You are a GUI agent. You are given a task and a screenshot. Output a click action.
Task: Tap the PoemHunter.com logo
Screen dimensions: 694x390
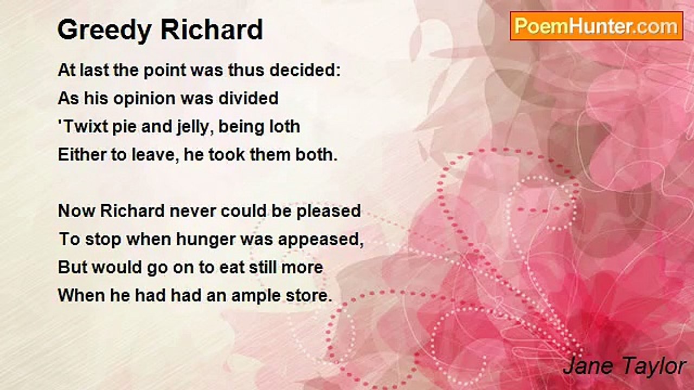pos(596,26)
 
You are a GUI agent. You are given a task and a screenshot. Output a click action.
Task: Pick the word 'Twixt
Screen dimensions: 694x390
pos(83,127)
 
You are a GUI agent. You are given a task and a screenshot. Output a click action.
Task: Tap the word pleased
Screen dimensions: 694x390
pos(329,212)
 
